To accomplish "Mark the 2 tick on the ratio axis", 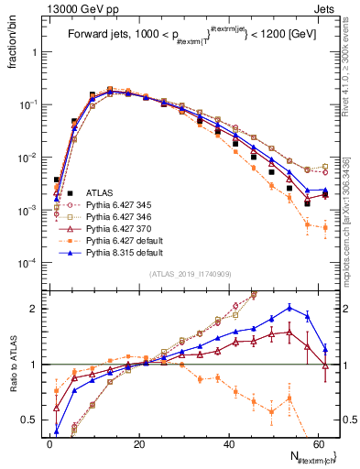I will coord(36,309).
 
